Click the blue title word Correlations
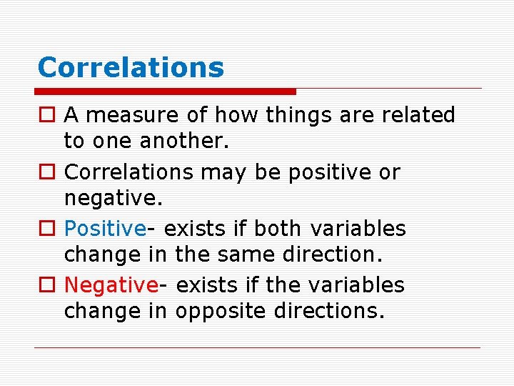131,68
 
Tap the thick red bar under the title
166,91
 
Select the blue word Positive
105,229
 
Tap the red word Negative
111,285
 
